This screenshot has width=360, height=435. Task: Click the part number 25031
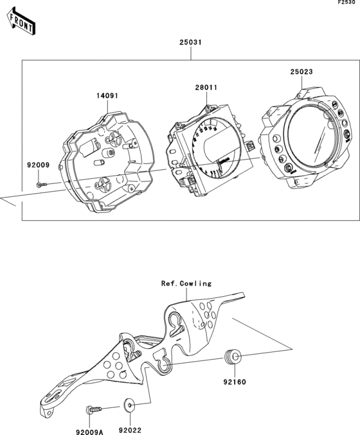pos(191,44)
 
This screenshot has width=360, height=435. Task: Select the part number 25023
pos(301,72)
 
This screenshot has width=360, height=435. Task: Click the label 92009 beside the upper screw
pos(38,165)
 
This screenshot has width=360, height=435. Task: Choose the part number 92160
pos(234,381)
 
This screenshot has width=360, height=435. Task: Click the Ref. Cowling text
pos(186,282)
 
